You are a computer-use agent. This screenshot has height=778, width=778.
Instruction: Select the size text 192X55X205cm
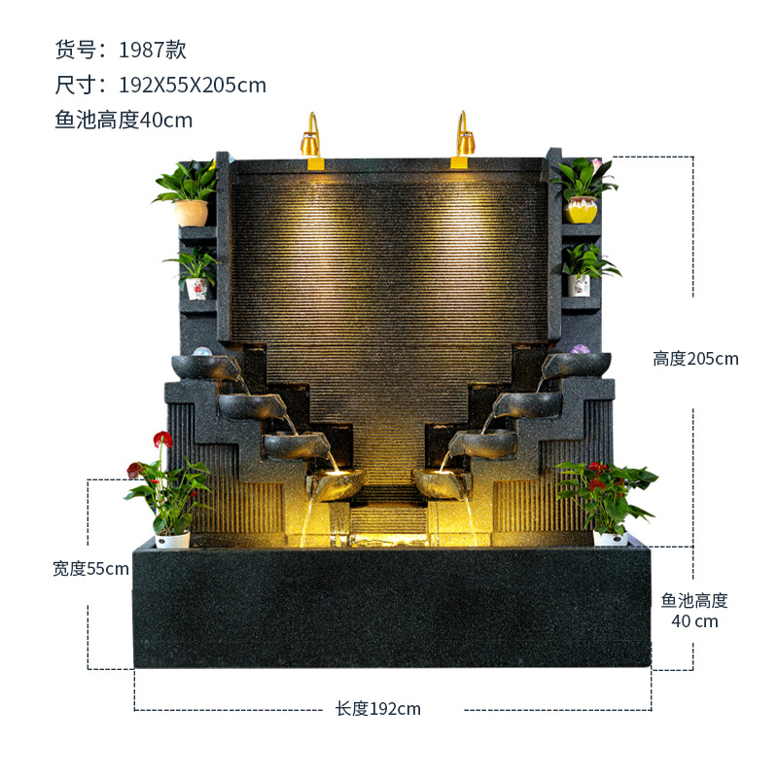click(x=160, y=85)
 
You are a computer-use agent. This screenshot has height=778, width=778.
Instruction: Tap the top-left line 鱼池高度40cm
click(x=124, y=120)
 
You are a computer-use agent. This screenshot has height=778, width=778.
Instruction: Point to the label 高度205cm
click(x=695, y=359)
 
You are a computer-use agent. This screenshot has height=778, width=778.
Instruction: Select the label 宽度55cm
click(x=90, y=569)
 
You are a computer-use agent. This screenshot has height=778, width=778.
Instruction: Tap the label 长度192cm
click(x=378, y=709)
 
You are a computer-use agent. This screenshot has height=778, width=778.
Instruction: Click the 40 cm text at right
click(x=694, y=621)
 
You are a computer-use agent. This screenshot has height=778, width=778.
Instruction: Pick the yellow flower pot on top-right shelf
click(x=583, y=208)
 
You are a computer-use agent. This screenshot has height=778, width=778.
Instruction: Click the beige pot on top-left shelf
click(x=192, y=212)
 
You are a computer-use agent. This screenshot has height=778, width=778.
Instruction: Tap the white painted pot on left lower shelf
click(x=197, y=287)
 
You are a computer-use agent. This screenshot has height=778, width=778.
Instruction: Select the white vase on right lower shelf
click(x=580, y=285)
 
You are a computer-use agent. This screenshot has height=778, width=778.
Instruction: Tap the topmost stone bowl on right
click(x=577, y=366)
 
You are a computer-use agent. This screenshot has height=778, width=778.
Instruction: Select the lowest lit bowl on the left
click(x=336, y=482)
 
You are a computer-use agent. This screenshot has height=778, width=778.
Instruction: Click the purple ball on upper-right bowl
click(x=580, y=349)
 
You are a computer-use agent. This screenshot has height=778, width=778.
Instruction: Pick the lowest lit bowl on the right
click(x=441, y=482)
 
